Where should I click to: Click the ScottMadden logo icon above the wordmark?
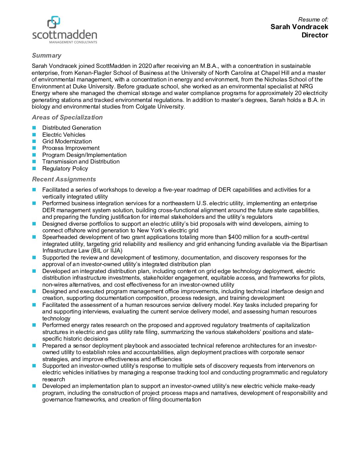[54, 22]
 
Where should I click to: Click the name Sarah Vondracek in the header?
[299, 27]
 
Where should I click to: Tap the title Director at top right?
[315, 35]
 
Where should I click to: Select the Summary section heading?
[47, 56]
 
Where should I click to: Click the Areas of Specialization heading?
[67, 117]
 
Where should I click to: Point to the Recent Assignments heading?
[64, 179]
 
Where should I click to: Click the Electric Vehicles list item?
[64, 135]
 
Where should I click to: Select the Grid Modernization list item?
[67, 141]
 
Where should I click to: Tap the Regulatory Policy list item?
[65, 168]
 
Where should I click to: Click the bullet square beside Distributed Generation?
[34, 128]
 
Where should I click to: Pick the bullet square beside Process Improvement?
[34, 148]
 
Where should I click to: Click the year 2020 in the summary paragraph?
[145, 66]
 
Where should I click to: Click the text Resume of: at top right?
[313, 20]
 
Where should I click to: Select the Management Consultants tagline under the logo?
[73, 42]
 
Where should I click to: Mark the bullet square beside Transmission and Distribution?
[34, 162]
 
